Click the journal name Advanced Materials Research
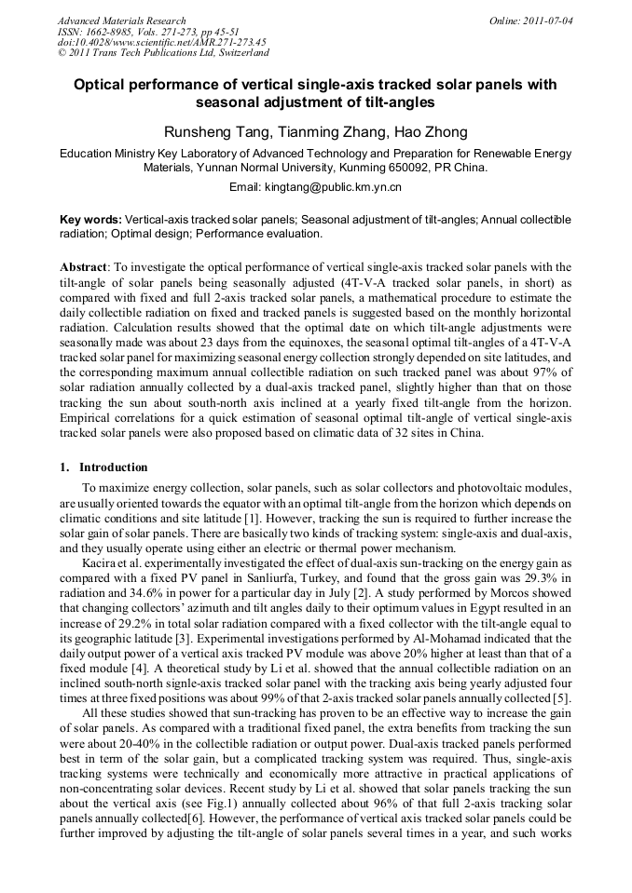tap(122, 20)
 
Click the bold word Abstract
tap(84, 265)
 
